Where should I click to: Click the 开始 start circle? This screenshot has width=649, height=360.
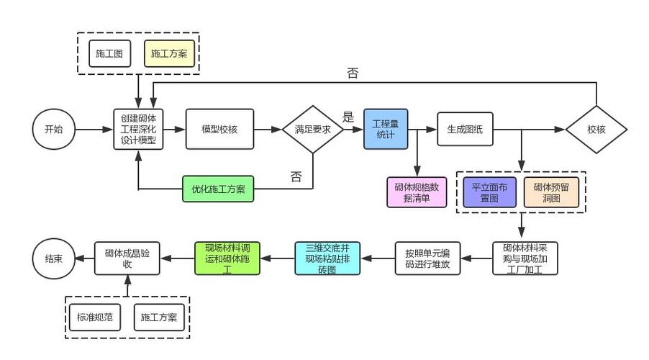tap(53, 130)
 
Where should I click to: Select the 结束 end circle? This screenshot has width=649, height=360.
tap(53, 258)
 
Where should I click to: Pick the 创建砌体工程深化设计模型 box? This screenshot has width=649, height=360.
tap(138, 130)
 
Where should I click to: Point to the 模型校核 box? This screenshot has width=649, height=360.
tap(219, 130)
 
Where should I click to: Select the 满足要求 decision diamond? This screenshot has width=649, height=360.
tap(312, 130)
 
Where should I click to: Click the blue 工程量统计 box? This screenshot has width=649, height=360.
tap(386, 130)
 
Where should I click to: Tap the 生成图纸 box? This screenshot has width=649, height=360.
tap(465, 130)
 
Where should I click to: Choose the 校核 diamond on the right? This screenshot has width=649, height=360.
tap(596, 130)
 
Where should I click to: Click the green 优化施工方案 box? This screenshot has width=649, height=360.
tap(218, 190)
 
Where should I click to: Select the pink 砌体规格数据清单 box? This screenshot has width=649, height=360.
tap(417, 192)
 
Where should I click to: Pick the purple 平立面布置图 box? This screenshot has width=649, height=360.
tap(489, 192)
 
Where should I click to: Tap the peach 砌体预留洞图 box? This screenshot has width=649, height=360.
tap(551, 192)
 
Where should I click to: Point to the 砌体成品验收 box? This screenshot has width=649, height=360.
tap(127, 258)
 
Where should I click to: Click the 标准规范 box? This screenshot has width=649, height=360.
tap(96, 317)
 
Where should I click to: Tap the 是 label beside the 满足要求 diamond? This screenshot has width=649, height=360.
tap(349, 117)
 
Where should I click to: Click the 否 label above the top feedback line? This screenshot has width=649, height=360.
tap(353, 73)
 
